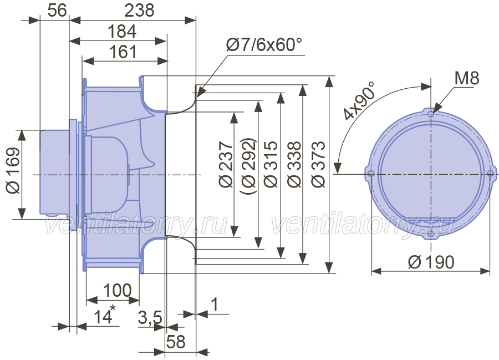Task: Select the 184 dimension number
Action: tap(122, 31)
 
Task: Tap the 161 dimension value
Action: tap(123, 52)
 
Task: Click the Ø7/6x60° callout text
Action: tap(264, 44)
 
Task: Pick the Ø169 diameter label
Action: tap(13, 170)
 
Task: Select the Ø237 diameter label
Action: tap(226, 165)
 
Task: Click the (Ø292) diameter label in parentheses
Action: tap(248, 166)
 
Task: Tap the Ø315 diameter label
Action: tap(271, 165)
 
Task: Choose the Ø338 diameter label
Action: tap(294, 165)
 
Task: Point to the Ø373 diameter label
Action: tap(318, 165)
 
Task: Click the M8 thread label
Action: tap(466, 78)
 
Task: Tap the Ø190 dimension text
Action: tap(431, 262)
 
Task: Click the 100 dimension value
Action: tap(118, 290)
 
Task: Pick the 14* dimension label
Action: tap(104, 315)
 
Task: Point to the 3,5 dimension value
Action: tap(150, 317)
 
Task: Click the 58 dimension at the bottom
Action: tap(176, 342)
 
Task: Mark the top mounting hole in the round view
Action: tap(431, 114)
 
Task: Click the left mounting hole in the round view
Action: tap(371, 174)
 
